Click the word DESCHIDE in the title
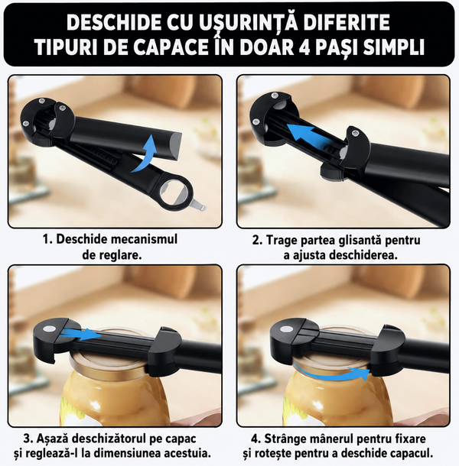pos(112,22)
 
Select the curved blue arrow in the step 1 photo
pos(146,154)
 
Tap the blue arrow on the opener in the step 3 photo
pos(80,334)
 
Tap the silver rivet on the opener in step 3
pos(49,329)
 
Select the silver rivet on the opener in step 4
pos(286,329)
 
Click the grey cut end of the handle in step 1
pos(176,146)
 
